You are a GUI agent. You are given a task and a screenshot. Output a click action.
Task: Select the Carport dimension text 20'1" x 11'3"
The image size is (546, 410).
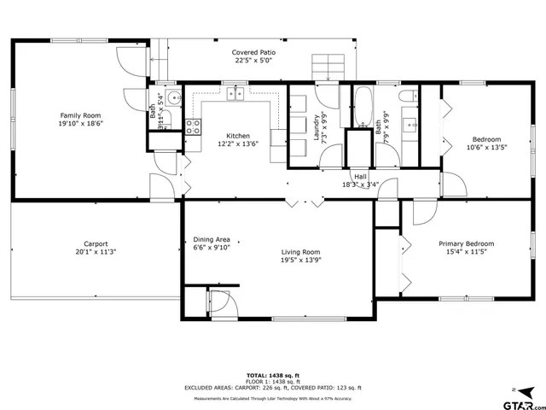(95, 252)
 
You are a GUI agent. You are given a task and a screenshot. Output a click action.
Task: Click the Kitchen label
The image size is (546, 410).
(238, 136)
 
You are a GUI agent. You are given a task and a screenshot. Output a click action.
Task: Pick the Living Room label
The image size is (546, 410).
(301, 252)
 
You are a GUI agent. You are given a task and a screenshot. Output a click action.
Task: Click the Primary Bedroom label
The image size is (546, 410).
(466, 243)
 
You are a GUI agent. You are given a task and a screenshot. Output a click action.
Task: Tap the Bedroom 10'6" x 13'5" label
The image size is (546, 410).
(486, 139)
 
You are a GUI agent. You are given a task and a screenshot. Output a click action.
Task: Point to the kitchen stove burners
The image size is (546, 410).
(194, 128)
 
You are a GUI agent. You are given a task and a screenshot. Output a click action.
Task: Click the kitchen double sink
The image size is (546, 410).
(235, 93)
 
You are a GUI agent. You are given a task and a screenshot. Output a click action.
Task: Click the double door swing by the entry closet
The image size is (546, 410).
(220, 302)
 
